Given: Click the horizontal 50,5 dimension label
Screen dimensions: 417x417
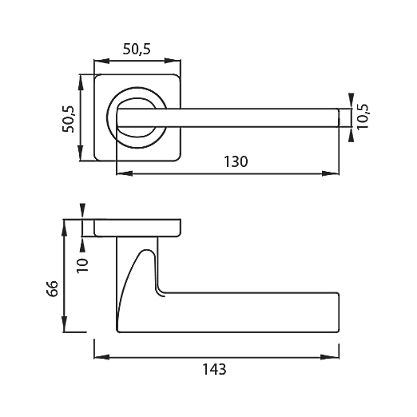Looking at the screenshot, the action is click(137, 50).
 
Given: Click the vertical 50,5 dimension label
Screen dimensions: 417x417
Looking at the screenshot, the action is click(68, 119).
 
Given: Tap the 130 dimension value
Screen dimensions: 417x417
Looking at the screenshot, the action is click(236, 161).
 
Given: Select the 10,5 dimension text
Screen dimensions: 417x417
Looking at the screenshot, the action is click(363, 117).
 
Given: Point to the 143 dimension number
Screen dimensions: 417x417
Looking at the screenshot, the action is click(214, 369).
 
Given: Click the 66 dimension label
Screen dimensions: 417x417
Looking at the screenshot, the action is click(52, 288).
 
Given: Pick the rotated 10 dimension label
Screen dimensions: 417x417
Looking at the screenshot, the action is click(82, 265).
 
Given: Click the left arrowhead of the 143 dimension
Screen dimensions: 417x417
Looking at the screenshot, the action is click(101, 357).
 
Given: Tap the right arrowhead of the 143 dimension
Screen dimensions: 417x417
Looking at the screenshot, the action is click(331, 357).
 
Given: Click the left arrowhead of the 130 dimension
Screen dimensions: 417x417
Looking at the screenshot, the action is click(125, 173).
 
